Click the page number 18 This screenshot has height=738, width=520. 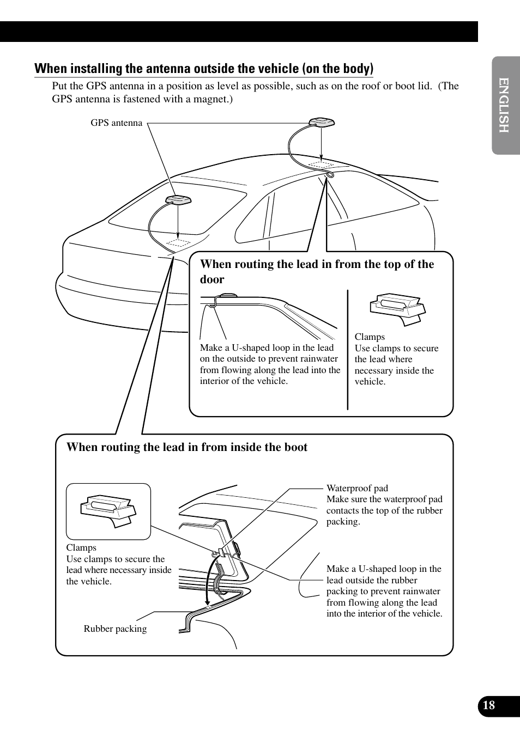click(x=489, y=705)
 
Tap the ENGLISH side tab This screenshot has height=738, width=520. click(x=504, y=105)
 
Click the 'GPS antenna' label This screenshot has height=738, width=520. click(x=116, y=123)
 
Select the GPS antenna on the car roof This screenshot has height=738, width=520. click(x=321, y=123)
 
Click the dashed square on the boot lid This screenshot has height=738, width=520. click(x=178, y=243)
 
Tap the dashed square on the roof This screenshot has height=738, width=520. click(x=321, y=164)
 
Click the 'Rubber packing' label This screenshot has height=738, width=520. click(x=115, y=629)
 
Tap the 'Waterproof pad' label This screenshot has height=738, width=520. click(x=357, y=489)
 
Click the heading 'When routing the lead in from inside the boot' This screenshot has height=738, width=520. click(x=187, y=447)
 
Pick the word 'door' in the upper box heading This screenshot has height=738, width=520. click(x=212, y=279)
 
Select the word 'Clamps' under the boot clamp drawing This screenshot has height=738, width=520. click(x=81, y=548)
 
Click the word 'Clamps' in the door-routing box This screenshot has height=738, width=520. click(x=370, y=337)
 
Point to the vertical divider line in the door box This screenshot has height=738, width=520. click(x=348, y=349)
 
